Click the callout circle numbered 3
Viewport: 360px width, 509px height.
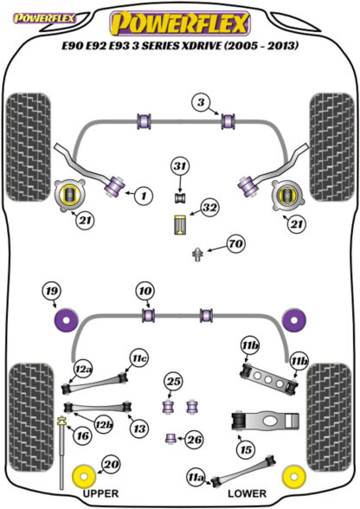coord(202,102)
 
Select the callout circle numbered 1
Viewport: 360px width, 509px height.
coord(144,196)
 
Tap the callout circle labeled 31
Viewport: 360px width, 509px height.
coord(181,166)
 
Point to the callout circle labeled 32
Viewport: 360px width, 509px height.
coord(209,208)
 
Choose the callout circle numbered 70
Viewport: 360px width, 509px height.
coord(236,243)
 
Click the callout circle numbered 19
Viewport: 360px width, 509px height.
coord(52,291)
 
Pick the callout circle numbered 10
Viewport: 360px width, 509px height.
coord(145,291)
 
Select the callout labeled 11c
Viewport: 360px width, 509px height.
coord(139,358)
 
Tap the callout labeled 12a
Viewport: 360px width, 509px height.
coord(83,370)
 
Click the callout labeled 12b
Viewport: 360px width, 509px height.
coord(104,424)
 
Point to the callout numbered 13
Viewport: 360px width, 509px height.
coord(139,428)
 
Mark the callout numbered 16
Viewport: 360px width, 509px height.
coord(82,435)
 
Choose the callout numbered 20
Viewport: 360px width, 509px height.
coord(111,465)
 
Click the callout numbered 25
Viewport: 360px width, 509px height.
coord(173,381)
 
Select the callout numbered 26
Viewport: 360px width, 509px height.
coord(195,440)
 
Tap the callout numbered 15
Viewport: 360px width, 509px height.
coord(246,450)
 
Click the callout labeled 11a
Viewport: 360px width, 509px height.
coord(196,478)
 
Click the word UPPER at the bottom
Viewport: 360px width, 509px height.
coord(101,493)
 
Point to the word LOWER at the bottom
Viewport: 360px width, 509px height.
coord(247,493)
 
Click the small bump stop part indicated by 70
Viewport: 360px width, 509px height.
coord(197,254)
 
